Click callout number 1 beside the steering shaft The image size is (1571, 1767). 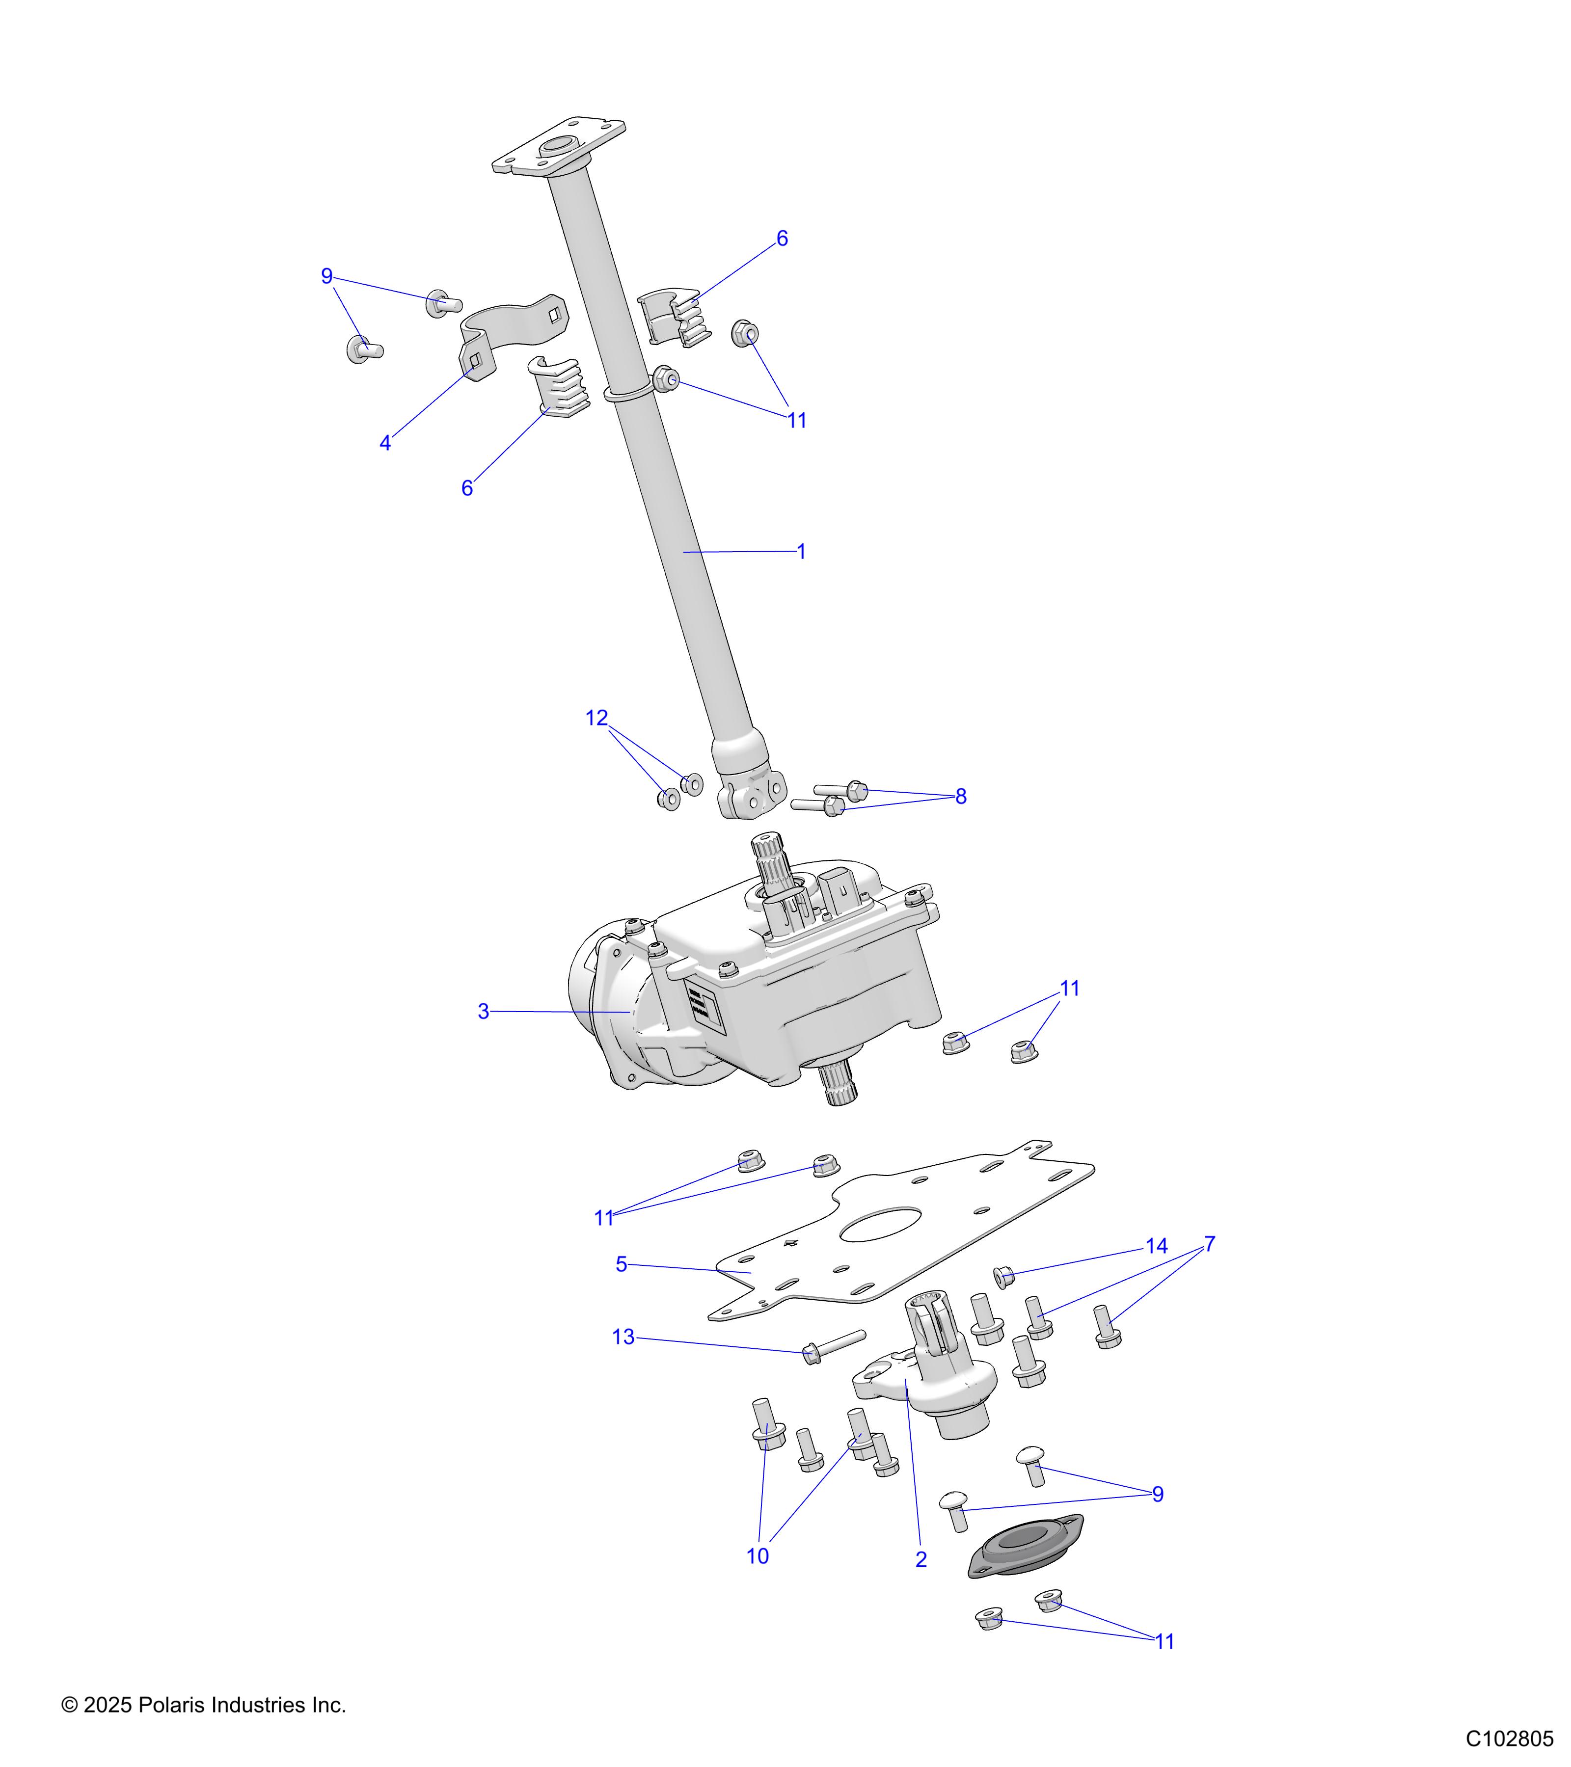point(801,552)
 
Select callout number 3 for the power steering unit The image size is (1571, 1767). point(483,1012)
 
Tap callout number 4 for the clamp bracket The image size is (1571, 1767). point(385,444)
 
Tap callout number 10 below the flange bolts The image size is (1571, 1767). point(758,1556)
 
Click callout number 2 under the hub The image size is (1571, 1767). point(921,1559)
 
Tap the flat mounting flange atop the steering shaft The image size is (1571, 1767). point(559,147)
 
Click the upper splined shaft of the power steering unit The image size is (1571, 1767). point(769,856)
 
